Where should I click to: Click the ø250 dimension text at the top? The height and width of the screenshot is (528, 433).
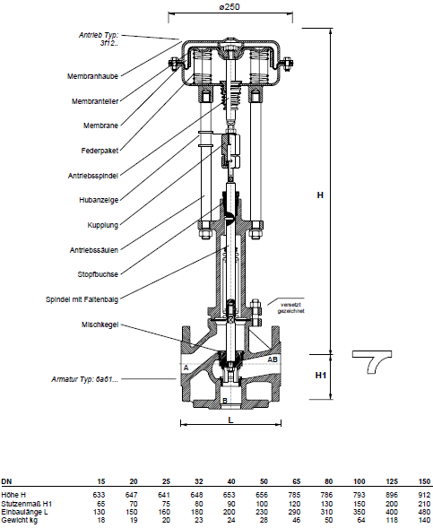tap(230, 6)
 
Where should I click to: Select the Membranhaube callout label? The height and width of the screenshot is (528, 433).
tap(92, 76)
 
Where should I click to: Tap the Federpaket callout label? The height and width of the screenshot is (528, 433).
tap(100, 151)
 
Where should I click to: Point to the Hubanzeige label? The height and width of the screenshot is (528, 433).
tap(99, 200)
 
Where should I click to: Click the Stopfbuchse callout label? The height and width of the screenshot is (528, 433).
tap(98, 274)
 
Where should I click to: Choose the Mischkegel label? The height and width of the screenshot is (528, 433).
tap(100, 325)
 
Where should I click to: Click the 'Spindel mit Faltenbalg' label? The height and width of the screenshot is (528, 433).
tap(82, 299)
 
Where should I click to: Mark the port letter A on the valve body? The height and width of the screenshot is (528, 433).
tap(186, 368)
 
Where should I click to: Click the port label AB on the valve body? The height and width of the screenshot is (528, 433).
tap(273, 359)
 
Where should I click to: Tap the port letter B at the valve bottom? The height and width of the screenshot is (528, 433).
tap(225, 401)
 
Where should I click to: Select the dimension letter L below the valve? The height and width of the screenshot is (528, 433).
tap(230, 420)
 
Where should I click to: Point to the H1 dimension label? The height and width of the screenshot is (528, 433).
tap(321, 375)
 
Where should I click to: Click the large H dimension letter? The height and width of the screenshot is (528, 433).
tap(320, 195)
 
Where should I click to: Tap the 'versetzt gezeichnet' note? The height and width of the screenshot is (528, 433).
tap(291, 308)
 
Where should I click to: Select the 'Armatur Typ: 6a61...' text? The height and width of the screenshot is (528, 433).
tap(85, 379)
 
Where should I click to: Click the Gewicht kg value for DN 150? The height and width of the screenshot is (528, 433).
tap(425, 520)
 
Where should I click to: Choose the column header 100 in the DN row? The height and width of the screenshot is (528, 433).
tap(359, 481)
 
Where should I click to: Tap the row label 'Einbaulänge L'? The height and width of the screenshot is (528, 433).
tap(24, 512)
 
